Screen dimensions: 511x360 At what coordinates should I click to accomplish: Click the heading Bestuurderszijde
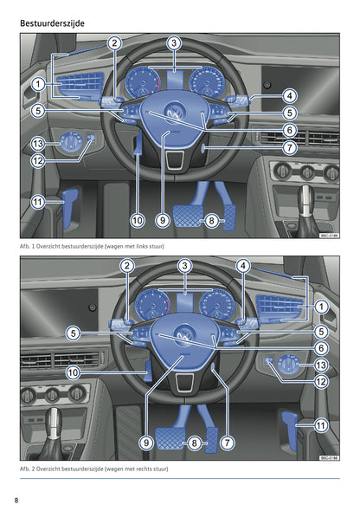(59, 15)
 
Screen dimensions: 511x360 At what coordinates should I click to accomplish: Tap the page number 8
(16, 501)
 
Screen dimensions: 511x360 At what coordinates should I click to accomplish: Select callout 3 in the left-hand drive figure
(174, 42)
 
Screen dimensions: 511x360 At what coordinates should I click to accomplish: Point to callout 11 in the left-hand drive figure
(37, 202)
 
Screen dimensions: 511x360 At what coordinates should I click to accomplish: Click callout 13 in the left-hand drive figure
(37, 143)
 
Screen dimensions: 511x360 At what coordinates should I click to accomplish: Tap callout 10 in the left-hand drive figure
(137, 221)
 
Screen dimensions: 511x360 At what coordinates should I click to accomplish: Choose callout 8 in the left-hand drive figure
(212, 221)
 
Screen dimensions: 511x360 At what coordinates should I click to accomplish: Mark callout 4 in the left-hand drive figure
(289, 95)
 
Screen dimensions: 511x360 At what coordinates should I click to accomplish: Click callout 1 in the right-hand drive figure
(321, 307)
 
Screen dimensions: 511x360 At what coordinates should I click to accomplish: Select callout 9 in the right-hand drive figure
(147, 443)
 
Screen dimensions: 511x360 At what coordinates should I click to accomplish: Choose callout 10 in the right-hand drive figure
(74, 372)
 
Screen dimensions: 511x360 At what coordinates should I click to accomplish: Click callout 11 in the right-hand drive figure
(321, 425)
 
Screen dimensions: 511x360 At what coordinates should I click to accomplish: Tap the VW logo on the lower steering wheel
(184, 334)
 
